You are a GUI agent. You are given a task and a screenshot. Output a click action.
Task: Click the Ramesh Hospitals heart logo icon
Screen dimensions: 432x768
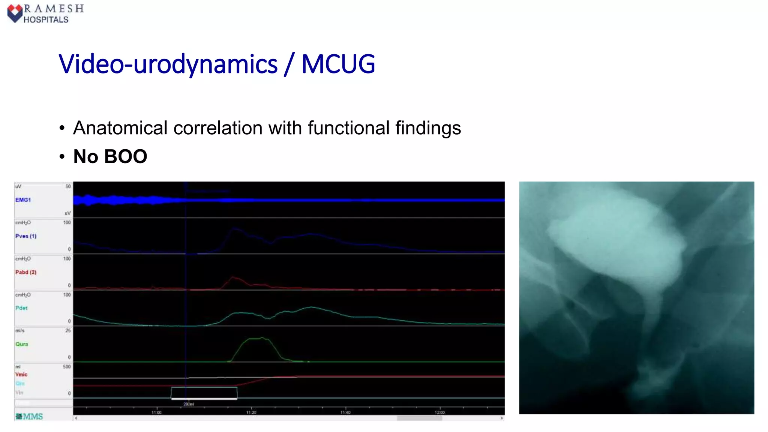[x=15, y=13]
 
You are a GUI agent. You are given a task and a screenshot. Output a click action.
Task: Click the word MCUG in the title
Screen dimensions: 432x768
[x=338, y=64]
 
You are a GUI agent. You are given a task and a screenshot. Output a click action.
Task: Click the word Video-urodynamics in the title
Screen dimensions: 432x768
[x=168, y=64]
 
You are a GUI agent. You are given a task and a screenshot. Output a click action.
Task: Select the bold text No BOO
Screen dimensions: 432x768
[x=110, y=156]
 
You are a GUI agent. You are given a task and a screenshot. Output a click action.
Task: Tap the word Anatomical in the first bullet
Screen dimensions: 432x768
[x=120, y=128]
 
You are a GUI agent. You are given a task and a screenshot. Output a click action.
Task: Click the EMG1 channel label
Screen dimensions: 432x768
[x=23, y=200]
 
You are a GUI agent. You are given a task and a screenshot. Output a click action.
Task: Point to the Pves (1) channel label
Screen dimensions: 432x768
[x=26, y=236]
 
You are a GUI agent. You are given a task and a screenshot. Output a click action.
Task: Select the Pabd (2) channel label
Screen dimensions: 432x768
[x=26, y=272]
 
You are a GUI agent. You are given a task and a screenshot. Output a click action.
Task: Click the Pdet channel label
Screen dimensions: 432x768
[x=21, y=308]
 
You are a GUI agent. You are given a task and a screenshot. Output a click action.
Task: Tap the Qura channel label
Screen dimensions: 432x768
[x=22, y=344]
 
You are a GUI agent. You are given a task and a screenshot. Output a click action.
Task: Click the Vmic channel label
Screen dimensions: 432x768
[x=21, y=374]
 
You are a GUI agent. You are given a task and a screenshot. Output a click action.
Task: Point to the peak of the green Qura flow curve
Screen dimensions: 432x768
[x=261, y=338]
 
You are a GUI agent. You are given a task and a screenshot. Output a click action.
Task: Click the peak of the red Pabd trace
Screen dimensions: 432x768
[x=233, y=277]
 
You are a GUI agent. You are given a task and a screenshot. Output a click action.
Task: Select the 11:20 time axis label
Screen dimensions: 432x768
[x=251, y=412]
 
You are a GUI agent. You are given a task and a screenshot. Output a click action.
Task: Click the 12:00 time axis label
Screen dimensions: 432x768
[x=439, y=412]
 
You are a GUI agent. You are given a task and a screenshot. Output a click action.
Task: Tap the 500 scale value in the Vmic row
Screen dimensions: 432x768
[x=67, y=367]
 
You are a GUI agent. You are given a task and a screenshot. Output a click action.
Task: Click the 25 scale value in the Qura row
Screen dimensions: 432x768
[x=68, y=330]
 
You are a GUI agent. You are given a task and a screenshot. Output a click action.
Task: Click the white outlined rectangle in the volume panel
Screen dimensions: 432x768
[x=204, y=393]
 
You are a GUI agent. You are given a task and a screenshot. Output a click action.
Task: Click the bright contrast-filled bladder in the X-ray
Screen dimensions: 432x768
[x=615, y=240]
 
